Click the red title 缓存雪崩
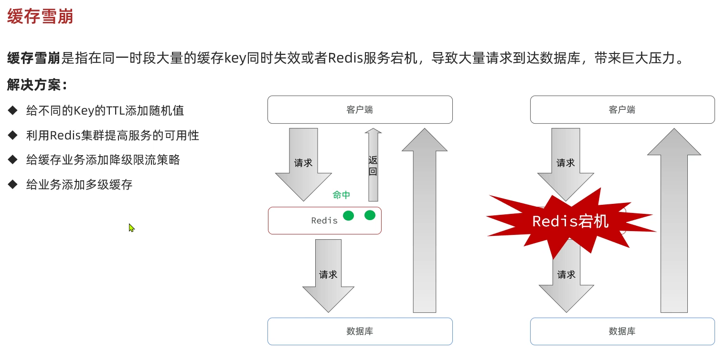[40, 17]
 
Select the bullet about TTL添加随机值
[105, 111]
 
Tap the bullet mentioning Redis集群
[112, 136]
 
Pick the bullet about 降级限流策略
[103, 160]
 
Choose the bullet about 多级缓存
[79, 185]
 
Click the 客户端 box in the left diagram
[360, 109]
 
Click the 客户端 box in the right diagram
[622, 109]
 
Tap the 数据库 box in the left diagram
[360, 331]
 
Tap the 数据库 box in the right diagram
[622, 331]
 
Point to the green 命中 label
[342, 195]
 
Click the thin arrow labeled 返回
[373, 165]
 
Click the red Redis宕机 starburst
[570, 221]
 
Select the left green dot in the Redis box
[349, 216]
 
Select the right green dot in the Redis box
[370, 215]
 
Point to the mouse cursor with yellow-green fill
[131, 228]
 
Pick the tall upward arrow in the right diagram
[673, 224]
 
